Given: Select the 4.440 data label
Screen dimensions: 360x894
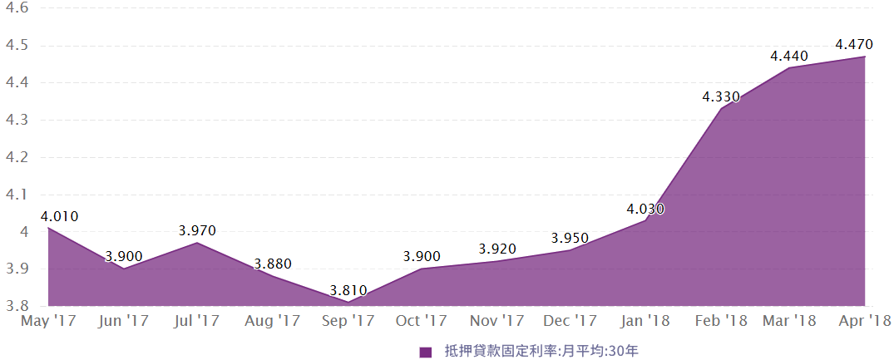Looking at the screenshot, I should click(789, 56).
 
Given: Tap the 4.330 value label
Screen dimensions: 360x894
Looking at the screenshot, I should click(720, 96).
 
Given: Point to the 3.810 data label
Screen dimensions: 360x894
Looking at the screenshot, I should click(348, 291).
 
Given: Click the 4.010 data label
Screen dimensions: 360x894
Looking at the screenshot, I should click(59, 217).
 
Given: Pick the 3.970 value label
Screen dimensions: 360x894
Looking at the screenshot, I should click(197, 230).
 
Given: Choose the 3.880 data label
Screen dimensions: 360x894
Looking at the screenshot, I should click(273, 264).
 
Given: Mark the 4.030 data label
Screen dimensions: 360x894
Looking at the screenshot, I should click(645, 210).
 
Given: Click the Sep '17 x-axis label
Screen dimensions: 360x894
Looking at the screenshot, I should click(347, 320).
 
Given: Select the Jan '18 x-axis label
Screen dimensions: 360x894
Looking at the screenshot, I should click(646, 320).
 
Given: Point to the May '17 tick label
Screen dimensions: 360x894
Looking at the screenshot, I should click(49, 320).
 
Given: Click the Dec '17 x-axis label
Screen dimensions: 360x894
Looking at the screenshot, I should click(570, 320).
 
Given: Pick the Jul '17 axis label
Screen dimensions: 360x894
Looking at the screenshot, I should click(197, 320).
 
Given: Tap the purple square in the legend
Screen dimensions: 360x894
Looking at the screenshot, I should click(426, 352).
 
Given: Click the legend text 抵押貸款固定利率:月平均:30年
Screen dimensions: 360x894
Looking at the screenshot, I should click(541, 352).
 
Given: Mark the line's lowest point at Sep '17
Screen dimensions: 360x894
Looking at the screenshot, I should click(348, 302).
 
